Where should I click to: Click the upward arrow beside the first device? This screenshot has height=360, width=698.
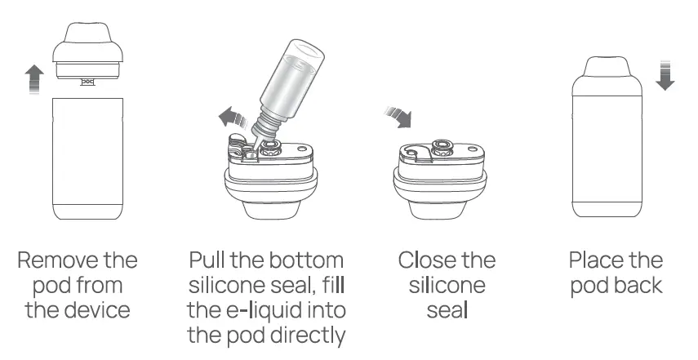tap(33, 80)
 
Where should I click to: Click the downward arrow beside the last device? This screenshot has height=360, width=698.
tap(665, 74)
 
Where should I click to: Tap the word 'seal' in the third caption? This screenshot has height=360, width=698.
tap(447, 310)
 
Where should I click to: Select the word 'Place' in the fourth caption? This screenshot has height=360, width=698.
tap(594, 261)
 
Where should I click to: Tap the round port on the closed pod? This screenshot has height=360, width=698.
tap(444, 147)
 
